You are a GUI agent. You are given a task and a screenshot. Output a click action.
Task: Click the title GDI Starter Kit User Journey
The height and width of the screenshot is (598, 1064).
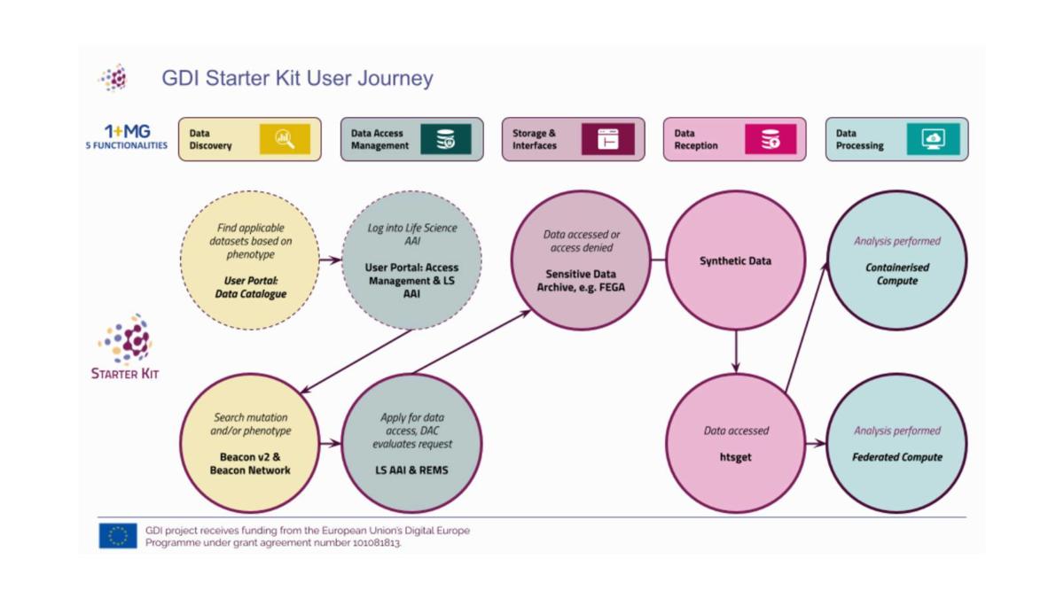click(x=297, y=78)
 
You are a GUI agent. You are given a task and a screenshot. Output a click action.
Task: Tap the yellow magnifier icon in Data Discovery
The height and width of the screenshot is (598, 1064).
click(x=285, y=139)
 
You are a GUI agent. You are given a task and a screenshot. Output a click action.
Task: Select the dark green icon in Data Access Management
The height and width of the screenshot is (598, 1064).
click(x=446, y=139)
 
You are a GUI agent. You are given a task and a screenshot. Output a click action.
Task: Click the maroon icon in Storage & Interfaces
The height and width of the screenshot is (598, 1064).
click(x=607, y=139)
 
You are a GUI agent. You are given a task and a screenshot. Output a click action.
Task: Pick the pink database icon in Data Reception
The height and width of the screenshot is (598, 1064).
click(x=770, y=139)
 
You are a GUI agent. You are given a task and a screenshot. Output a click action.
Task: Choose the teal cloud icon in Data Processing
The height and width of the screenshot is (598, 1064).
click(x=933, y=139)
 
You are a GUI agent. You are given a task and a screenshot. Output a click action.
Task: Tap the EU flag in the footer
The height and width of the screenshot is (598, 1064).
click(x=118, y=536)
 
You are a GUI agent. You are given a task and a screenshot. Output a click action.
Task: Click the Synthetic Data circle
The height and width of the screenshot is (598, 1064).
click(x=735, y=261)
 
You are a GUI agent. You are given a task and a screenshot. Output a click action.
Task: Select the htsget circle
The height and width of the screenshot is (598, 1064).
click(x=735, y=444)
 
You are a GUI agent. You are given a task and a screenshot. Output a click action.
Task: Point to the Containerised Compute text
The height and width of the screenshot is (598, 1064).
click(x=896, y=274)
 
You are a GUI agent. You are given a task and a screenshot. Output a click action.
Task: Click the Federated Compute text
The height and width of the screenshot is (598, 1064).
click(x=896, y=457)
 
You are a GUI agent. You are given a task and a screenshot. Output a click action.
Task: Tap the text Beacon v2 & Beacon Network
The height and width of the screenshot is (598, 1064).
click(x=250, y=463)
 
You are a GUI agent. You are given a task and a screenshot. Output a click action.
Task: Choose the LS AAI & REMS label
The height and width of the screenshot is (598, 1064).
click(x=412, y=470)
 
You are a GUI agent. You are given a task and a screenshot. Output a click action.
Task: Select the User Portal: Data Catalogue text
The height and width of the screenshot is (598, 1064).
click(x=250, y=287)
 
